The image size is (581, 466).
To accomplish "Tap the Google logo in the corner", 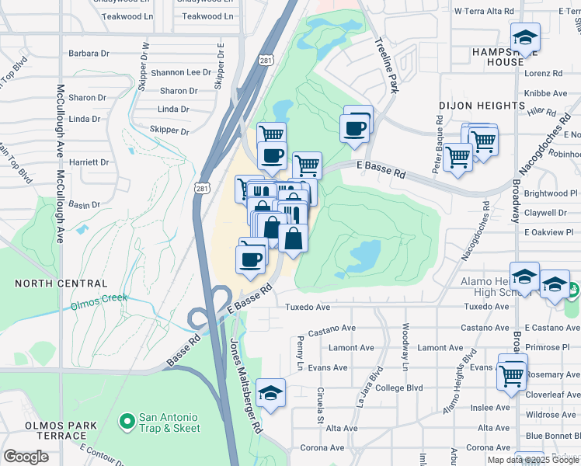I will (26, 457).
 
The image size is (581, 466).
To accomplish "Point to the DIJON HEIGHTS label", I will (482, 106).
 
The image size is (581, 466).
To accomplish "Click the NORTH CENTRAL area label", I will (61, 283).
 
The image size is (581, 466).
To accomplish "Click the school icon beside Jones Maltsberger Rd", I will (271, 393).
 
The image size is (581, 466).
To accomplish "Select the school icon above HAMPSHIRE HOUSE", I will (525, 37).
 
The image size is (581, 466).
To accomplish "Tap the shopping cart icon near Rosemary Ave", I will (512, 375).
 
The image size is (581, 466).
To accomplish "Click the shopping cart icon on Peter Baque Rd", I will (458, 157).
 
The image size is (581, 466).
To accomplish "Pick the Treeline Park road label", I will (386, 65).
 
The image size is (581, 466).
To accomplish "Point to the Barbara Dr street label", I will (89, 54).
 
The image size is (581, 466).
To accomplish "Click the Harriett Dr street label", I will (89, 162).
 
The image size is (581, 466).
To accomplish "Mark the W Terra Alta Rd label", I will (484, 12).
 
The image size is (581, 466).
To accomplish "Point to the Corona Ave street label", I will (322, 448).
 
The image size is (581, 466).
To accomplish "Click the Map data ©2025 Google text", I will (533, 460).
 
